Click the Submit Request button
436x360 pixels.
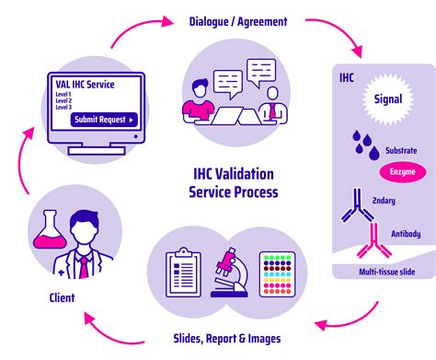click(x=104, y=119)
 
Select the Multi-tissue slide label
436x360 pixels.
click(x=384, y=272)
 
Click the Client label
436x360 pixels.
click(x=63, y=297)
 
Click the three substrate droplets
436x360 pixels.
click(x=366, y=143)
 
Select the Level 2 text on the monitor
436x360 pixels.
click(x=64, y=100)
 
